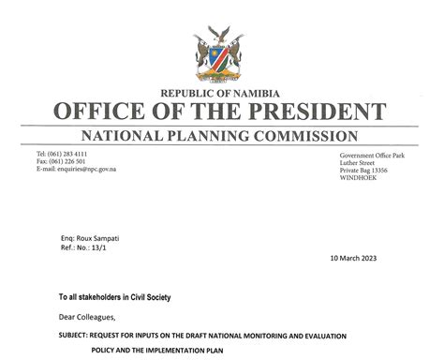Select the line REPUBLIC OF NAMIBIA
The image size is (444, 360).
click(221, 92)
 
